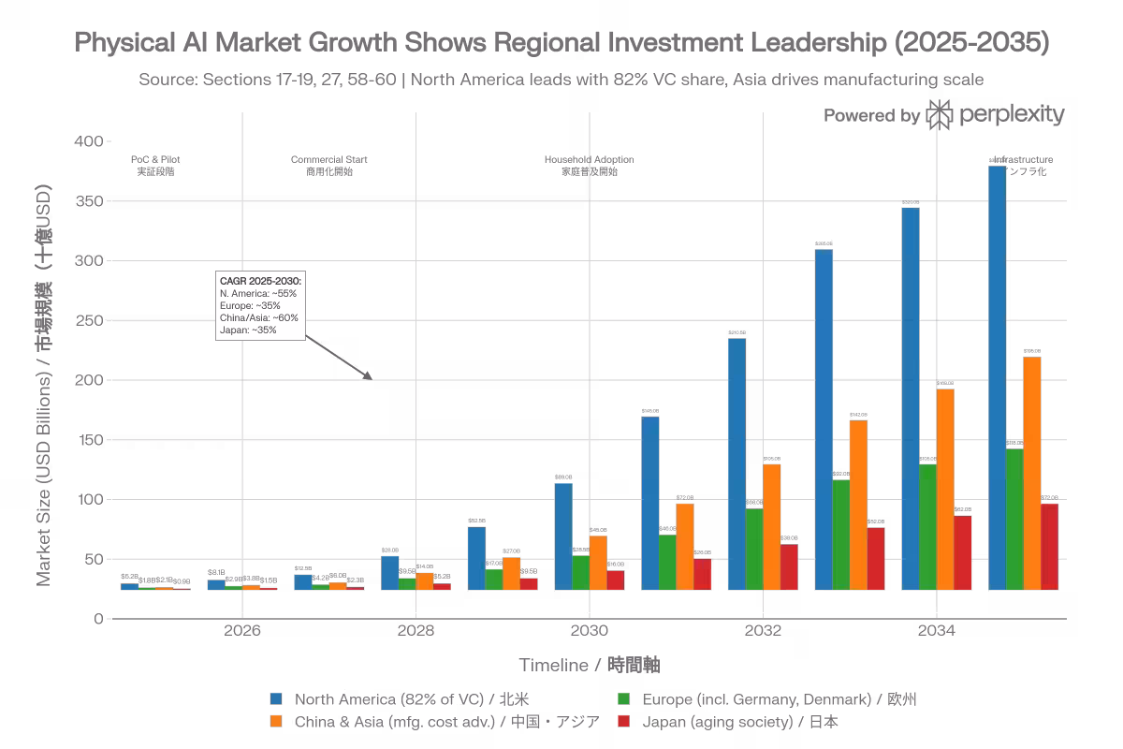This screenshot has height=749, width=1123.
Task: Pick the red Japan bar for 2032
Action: coord(789,567)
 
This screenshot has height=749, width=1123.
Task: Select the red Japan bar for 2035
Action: coord(1049,547)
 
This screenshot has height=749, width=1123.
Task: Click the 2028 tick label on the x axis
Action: coord(416,631)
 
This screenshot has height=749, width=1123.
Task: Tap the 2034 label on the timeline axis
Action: coord(937,631)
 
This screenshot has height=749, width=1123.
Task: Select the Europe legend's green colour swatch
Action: coord(623,698)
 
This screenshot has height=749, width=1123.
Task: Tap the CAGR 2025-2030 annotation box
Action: coord(260,305)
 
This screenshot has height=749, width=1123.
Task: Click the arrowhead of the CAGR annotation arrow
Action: coord(369,376)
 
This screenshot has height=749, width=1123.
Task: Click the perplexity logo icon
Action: coord(940,114)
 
